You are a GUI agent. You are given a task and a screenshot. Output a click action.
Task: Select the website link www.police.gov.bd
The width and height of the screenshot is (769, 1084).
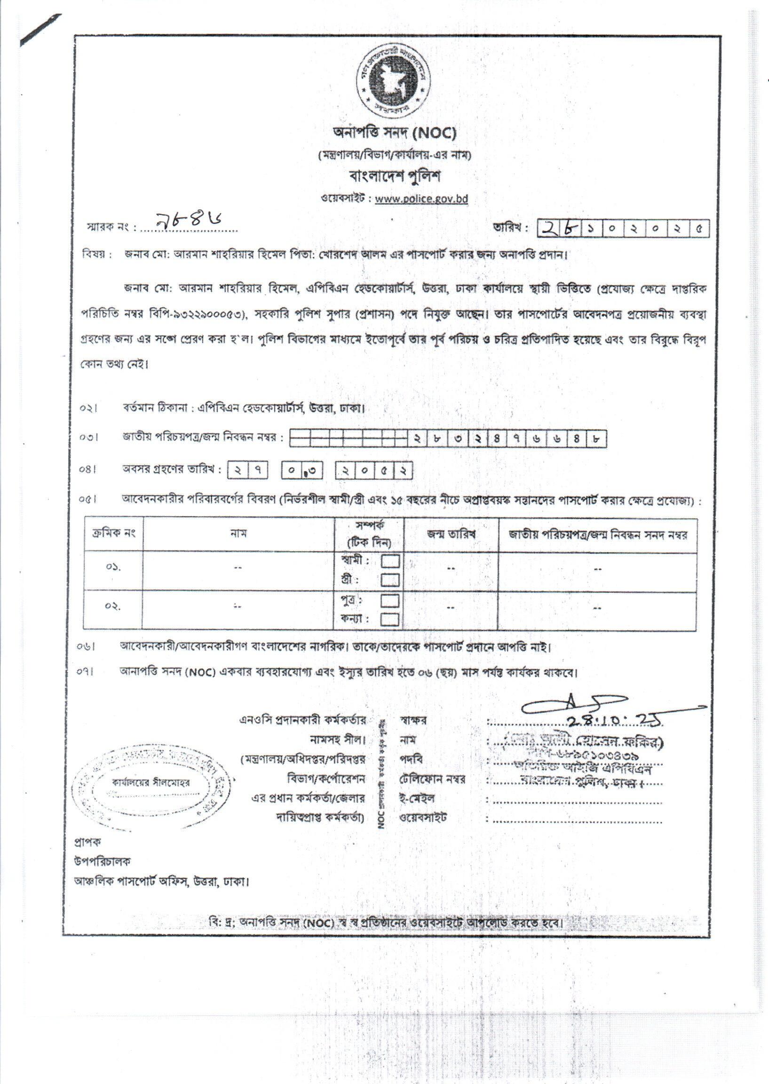pos(421,199)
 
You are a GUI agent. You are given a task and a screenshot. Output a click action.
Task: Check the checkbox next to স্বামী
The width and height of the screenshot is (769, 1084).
pos(391,561)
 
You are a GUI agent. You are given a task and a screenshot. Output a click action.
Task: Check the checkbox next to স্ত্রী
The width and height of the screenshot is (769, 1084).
pos(391,580)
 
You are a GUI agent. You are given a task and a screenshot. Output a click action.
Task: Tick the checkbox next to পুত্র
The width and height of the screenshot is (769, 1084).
pos(391,601)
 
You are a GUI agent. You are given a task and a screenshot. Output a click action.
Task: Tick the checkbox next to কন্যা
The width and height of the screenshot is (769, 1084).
pos(391,619)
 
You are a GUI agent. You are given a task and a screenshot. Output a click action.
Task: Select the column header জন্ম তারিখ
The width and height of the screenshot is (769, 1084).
pos(451,534)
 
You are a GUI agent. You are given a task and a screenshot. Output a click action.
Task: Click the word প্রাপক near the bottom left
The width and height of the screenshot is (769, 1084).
pos(87,842)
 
